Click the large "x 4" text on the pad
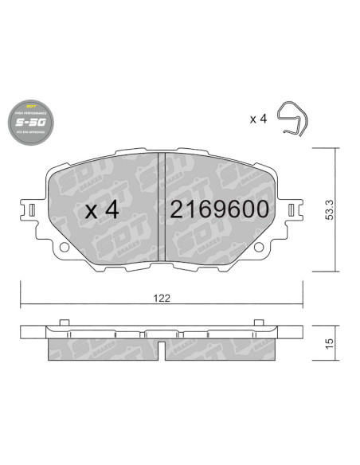click(x=101, y=209)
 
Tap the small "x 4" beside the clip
click(x=257, y=119)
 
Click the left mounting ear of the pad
click(x=30, y=212)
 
